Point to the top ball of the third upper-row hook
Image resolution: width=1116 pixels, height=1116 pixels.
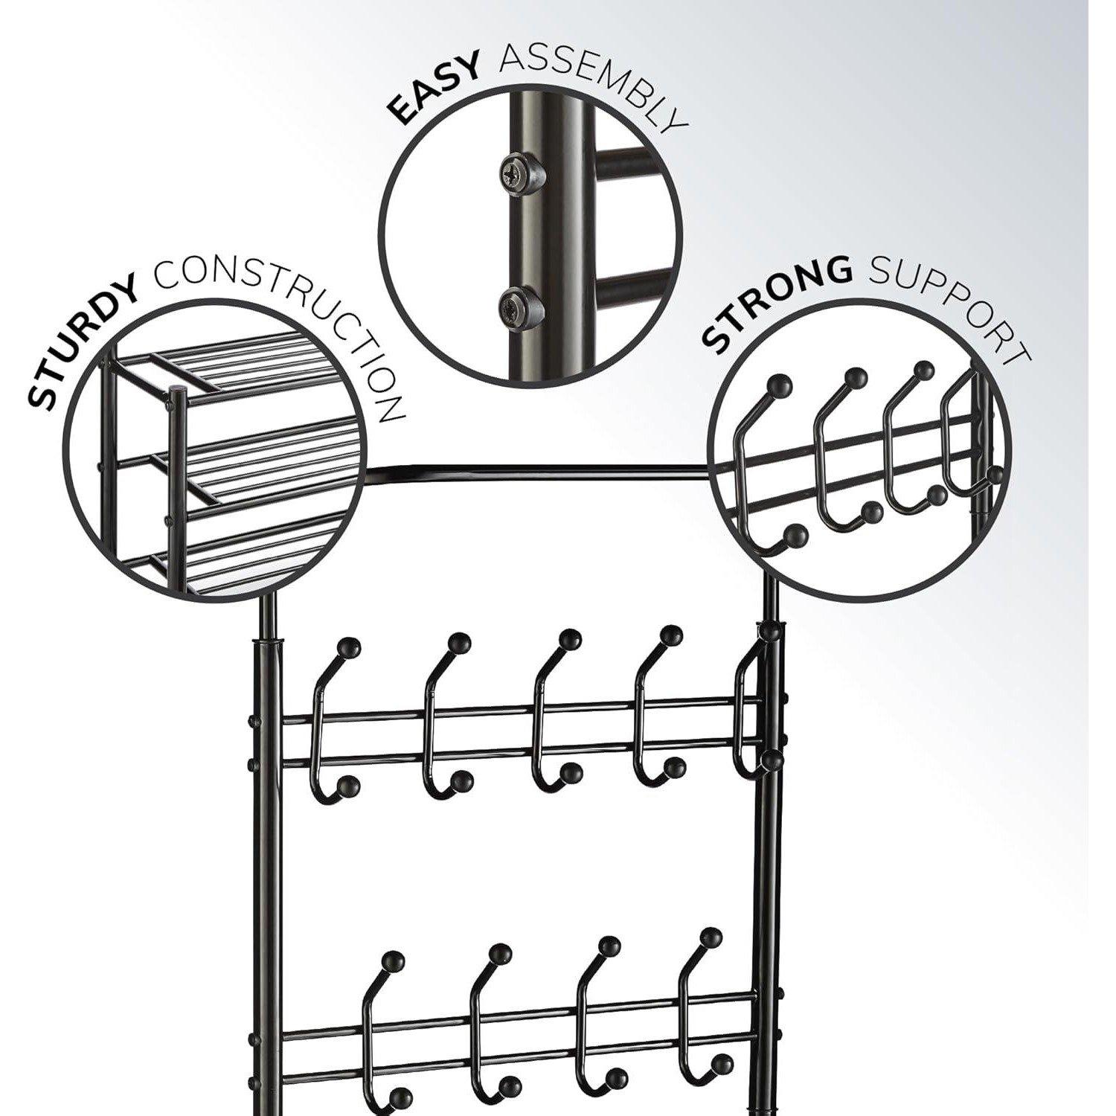coord(569,639)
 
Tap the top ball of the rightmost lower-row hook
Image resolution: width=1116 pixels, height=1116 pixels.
coord(712,937)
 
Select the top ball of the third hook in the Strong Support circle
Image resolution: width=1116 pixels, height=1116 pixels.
coord(923,371)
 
